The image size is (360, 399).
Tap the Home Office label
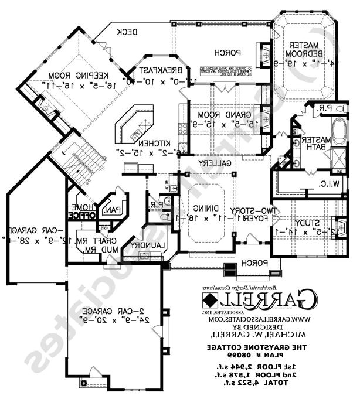pos(81,211)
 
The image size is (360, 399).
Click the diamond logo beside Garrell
pos(209,300)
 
